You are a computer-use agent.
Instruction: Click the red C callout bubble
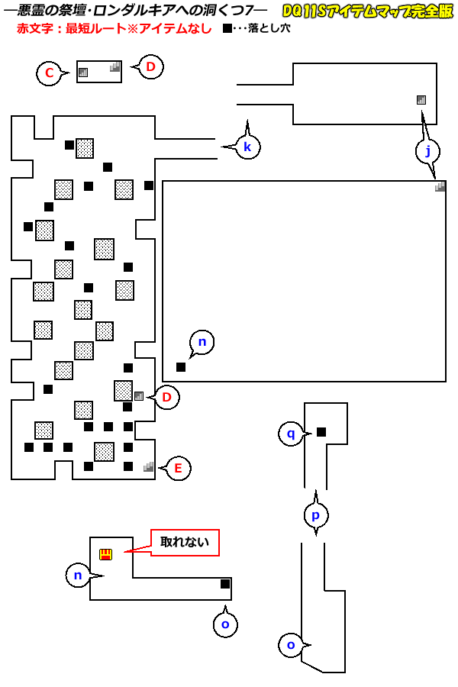[x=49, y=73]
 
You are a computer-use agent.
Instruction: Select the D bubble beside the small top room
[x=150, y=67]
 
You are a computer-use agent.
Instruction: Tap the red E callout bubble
[x=178, y=468]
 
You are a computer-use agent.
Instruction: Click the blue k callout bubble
[x=247, y=147]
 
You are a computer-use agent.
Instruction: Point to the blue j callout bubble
[x=428, y=151]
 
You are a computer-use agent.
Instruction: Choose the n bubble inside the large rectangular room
[x=202, y=343]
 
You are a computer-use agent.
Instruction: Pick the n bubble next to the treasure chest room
[x=78, y=574]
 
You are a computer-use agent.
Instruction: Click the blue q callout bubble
[x=290, y=434]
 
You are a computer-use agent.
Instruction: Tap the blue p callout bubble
[x=316, y=514]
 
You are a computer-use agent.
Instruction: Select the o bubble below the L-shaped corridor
[x=225, y=624]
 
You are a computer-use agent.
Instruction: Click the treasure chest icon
[x=105, y=554]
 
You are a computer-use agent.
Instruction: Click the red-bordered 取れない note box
[x=185, y=543]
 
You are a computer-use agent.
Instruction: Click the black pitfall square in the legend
[x=227, y=28]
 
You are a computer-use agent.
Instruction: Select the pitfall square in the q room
[x=321, y=432]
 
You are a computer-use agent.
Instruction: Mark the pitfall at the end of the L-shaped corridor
[x=225, y=584]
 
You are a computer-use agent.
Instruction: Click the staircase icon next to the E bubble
[x=148, y=466]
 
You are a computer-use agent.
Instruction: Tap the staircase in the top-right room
[x=421, y=100]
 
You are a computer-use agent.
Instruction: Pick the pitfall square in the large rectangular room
[x=181, y=367]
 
